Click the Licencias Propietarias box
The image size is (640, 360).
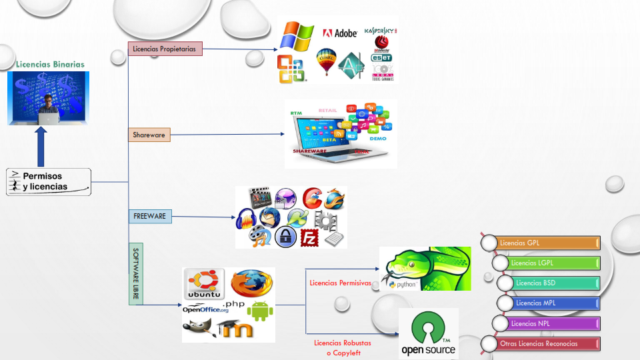pos(165,49)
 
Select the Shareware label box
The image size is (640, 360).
pos(149,135)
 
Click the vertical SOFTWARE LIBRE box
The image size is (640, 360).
pos(135,273)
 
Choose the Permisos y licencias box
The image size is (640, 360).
pos(49,181)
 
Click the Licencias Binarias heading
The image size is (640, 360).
pos(51,64)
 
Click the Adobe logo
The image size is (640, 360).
pos(340,33)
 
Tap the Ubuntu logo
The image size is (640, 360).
pos(204,285)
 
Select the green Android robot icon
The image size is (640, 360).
pos(261,310)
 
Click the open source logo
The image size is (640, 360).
pos(428,334)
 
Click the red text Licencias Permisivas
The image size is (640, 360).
pos(340,283)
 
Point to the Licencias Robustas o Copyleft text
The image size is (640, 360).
pos(343,347)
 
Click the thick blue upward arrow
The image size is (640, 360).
pos(41,145)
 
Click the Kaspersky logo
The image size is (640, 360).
pos(381,31)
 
